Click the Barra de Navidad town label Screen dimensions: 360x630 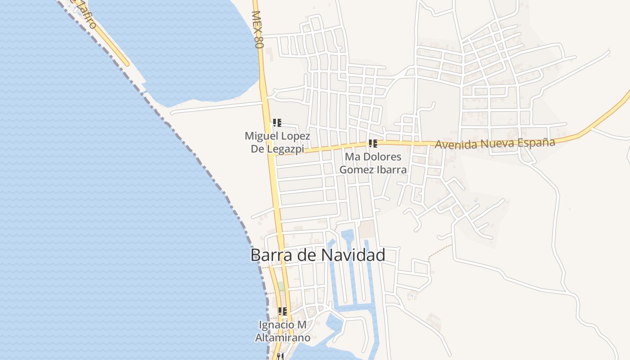click(318, 255)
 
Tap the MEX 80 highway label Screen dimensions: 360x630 click(257, 30)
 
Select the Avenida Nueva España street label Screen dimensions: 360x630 click(495, 144)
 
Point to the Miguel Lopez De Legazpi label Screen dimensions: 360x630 click(277, 142)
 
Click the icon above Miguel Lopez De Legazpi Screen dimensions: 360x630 click(277, 122)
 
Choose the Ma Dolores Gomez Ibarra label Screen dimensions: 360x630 click(373, 163)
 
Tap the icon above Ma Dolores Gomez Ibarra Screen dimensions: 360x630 click(373, 144)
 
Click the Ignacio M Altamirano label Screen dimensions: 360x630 click(283, 331)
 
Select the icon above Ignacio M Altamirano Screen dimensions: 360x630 click(283, 311)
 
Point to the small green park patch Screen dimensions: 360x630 click(281, 286)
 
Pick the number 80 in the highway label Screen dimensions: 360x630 click(258, 42)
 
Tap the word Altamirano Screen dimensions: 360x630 click(283, 338)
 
